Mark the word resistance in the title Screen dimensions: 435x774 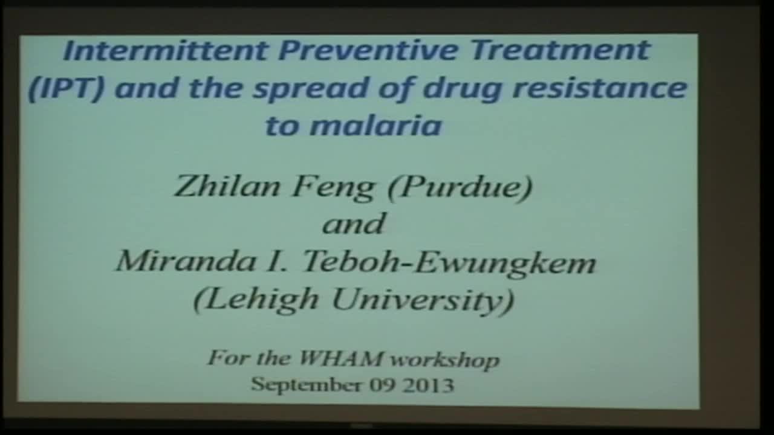click(599, 89)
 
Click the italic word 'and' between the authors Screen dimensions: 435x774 click(354, 224)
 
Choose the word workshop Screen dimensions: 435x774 click(445, 359)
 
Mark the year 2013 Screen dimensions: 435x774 click(431, 384)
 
